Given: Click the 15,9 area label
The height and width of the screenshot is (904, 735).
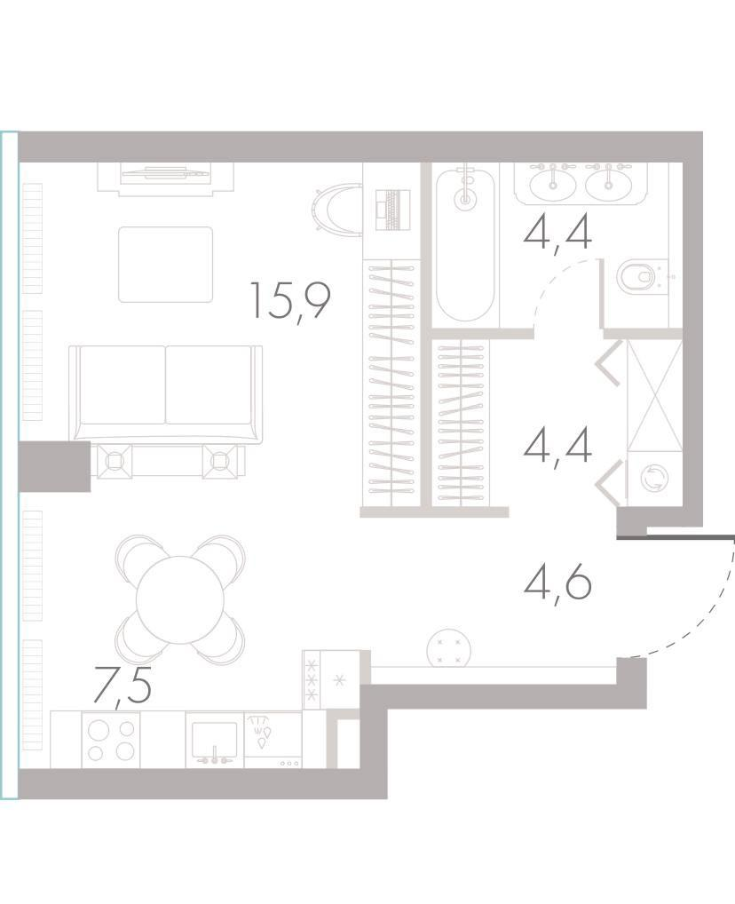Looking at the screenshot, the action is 291,302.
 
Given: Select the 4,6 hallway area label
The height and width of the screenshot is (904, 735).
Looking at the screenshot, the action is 558,583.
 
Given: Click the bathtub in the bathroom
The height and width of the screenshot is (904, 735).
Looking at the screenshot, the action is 465,245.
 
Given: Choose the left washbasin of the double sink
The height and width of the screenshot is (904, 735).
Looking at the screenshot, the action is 553,184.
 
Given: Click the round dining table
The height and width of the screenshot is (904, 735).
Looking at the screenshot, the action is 180,599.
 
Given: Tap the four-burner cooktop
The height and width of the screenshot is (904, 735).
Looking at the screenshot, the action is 111,741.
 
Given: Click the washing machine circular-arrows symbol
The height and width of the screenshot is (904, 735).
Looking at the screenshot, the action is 655,479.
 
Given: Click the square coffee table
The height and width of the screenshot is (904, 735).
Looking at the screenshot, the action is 165,264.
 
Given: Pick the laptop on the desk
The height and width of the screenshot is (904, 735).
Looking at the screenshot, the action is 392,210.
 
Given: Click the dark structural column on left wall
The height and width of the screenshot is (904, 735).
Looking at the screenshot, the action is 55,466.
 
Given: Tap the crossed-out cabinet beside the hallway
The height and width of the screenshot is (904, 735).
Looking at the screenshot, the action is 654,395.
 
